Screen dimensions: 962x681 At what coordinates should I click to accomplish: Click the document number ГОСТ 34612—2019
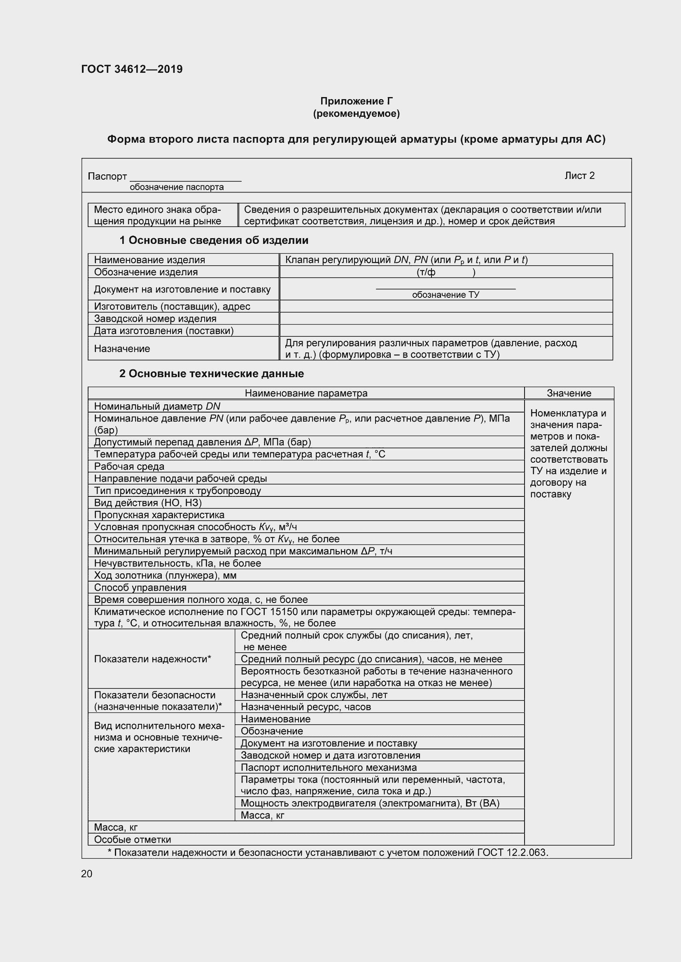pos(132,69)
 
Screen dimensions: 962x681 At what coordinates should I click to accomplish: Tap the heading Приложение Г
pos(356,101)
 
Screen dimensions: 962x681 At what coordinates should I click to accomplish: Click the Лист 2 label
pos(579,176)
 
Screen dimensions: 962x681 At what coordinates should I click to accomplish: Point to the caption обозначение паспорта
pos(177,187)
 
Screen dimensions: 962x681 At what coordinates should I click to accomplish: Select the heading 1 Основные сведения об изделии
pos(214,240)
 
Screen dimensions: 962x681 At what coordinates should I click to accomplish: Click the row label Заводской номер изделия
pos(155,318)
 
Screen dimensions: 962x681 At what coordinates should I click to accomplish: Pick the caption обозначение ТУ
pos(445,294)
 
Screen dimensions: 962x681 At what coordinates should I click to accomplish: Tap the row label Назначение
pos(122,349)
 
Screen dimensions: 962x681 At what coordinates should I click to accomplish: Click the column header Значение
pos(569,393)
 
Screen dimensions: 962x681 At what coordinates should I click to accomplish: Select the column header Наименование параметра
pos(306,393)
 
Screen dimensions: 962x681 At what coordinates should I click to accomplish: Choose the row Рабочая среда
pos(129,466)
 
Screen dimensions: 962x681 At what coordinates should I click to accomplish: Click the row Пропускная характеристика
pos(159,515)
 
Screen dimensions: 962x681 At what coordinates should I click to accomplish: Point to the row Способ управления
pos(140,587)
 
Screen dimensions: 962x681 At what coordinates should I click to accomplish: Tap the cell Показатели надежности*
pos(152,659)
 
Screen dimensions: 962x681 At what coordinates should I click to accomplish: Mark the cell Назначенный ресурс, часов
pos(306,707)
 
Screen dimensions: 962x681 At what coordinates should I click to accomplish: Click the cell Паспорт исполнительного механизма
pos(329,767)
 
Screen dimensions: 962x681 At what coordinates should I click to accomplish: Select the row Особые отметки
pos(133,840)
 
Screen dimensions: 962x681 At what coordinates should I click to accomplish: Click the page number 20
pos(87,874)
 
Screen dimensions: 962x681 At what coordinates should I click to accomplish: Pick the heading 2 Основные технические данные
pos(211,373)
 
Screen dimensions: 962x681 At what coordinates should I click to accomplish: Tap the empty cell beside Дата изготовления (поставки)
pos(445,331)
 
